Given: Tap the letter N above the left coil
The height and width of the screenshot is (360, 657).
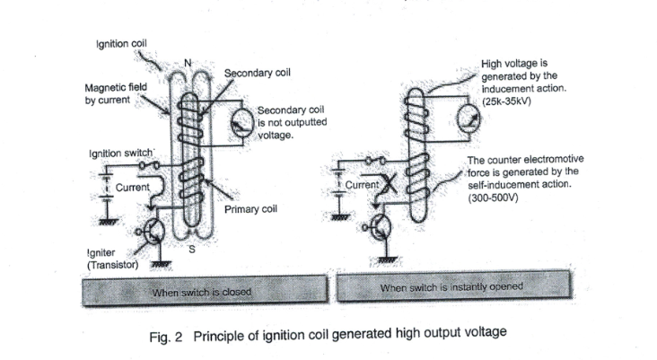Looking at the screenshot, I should tap(188, 62).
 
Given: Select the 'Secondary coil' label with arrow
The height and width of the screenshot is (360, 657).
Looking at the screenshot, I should tap(257, 73).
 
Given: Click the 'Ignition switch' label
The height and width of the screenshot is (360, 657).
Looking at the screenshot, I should tap(121, 154).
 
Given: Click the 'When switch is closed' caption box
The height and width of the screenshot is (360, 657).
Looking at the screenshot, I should tap(203, 292).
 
